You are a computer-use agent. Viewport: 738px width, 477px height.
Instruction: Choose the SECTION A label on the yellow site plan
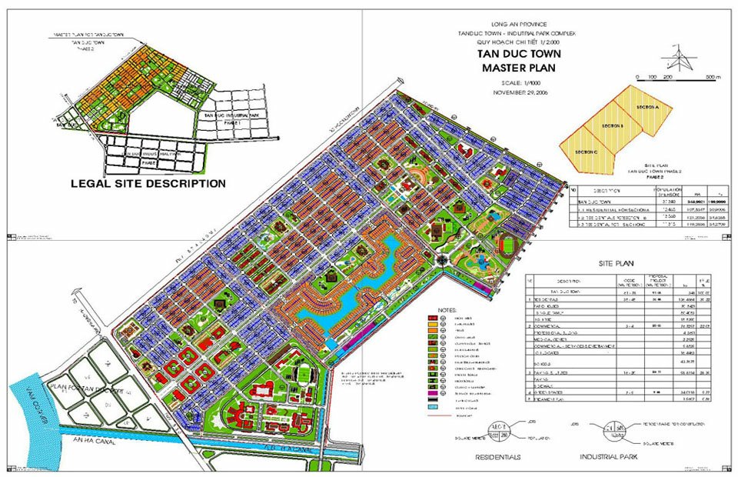pyautogui.click(x=648, y=107)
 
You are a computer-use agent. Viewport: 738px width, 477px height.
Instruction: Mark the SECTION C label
pyautogui.click(x=586, y=152)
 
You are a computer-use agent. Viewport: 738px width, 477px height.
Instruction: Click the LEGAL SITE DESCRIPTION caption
pyautogui.click(x=148, y=184)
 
